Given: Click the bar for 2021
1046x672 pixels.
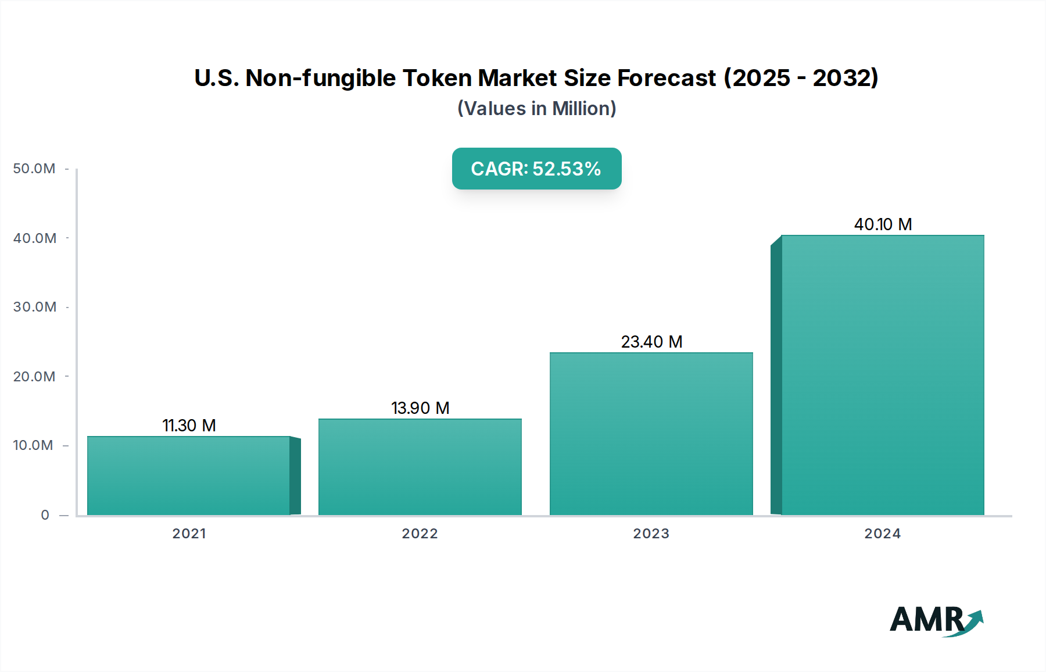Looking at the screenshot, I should [x=189, y=476].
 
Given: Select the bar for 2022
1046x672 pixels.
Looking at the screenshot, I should [x=420, y=467].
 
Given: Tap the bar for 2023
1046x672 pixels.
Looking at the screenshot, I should [x=651, y=434].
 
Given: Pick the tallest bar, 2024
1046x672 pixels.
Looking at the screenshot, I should [x=882, y=375].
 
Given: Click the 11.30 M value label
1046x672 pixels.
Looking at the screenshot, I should [x=189, y=426].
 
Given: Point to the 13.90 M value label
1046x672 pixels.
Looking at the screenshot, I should [x=420, y=408].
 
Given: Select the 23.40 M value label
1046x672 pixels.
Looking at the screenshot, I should [x=651, y=342].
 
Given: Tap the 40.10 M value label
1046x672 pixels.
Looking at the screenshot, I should [x=883, y=224].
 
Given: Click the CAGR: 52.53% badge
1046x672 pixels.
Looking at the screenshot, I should [x=536, y=169].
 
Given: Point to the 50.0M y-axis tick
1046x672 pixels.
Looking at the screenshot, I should [x=34, y=169].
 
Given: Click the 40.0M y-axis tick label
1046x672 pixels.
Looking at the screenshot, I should [x=34, y=238].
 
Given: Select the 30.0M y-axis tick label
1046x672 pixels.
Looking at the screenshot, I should [x=34, y=307].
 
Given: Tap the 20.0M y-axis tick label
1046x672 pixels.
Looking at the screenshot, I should [x=34, y=377].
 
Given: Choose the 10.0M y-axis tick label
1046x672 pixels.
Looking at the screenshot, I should [x=33, y=445].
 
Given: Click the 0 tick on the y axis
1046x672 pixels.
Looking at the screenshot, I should [x=45, y=515].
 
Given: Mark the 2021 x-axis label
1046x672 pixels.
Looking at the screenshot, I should [x=189, y=534].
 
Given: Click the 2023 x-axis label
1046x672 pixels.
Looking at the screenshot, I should [x=651, y=534].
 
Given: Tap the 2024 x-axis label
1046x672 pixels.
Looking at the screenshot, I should [x=882, y=534].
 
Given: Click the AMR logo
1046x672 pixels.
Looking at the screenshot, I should [x=936, y=620].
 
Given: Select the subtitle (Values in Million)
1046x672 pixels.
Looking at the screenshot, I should [x=536, y=109].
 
